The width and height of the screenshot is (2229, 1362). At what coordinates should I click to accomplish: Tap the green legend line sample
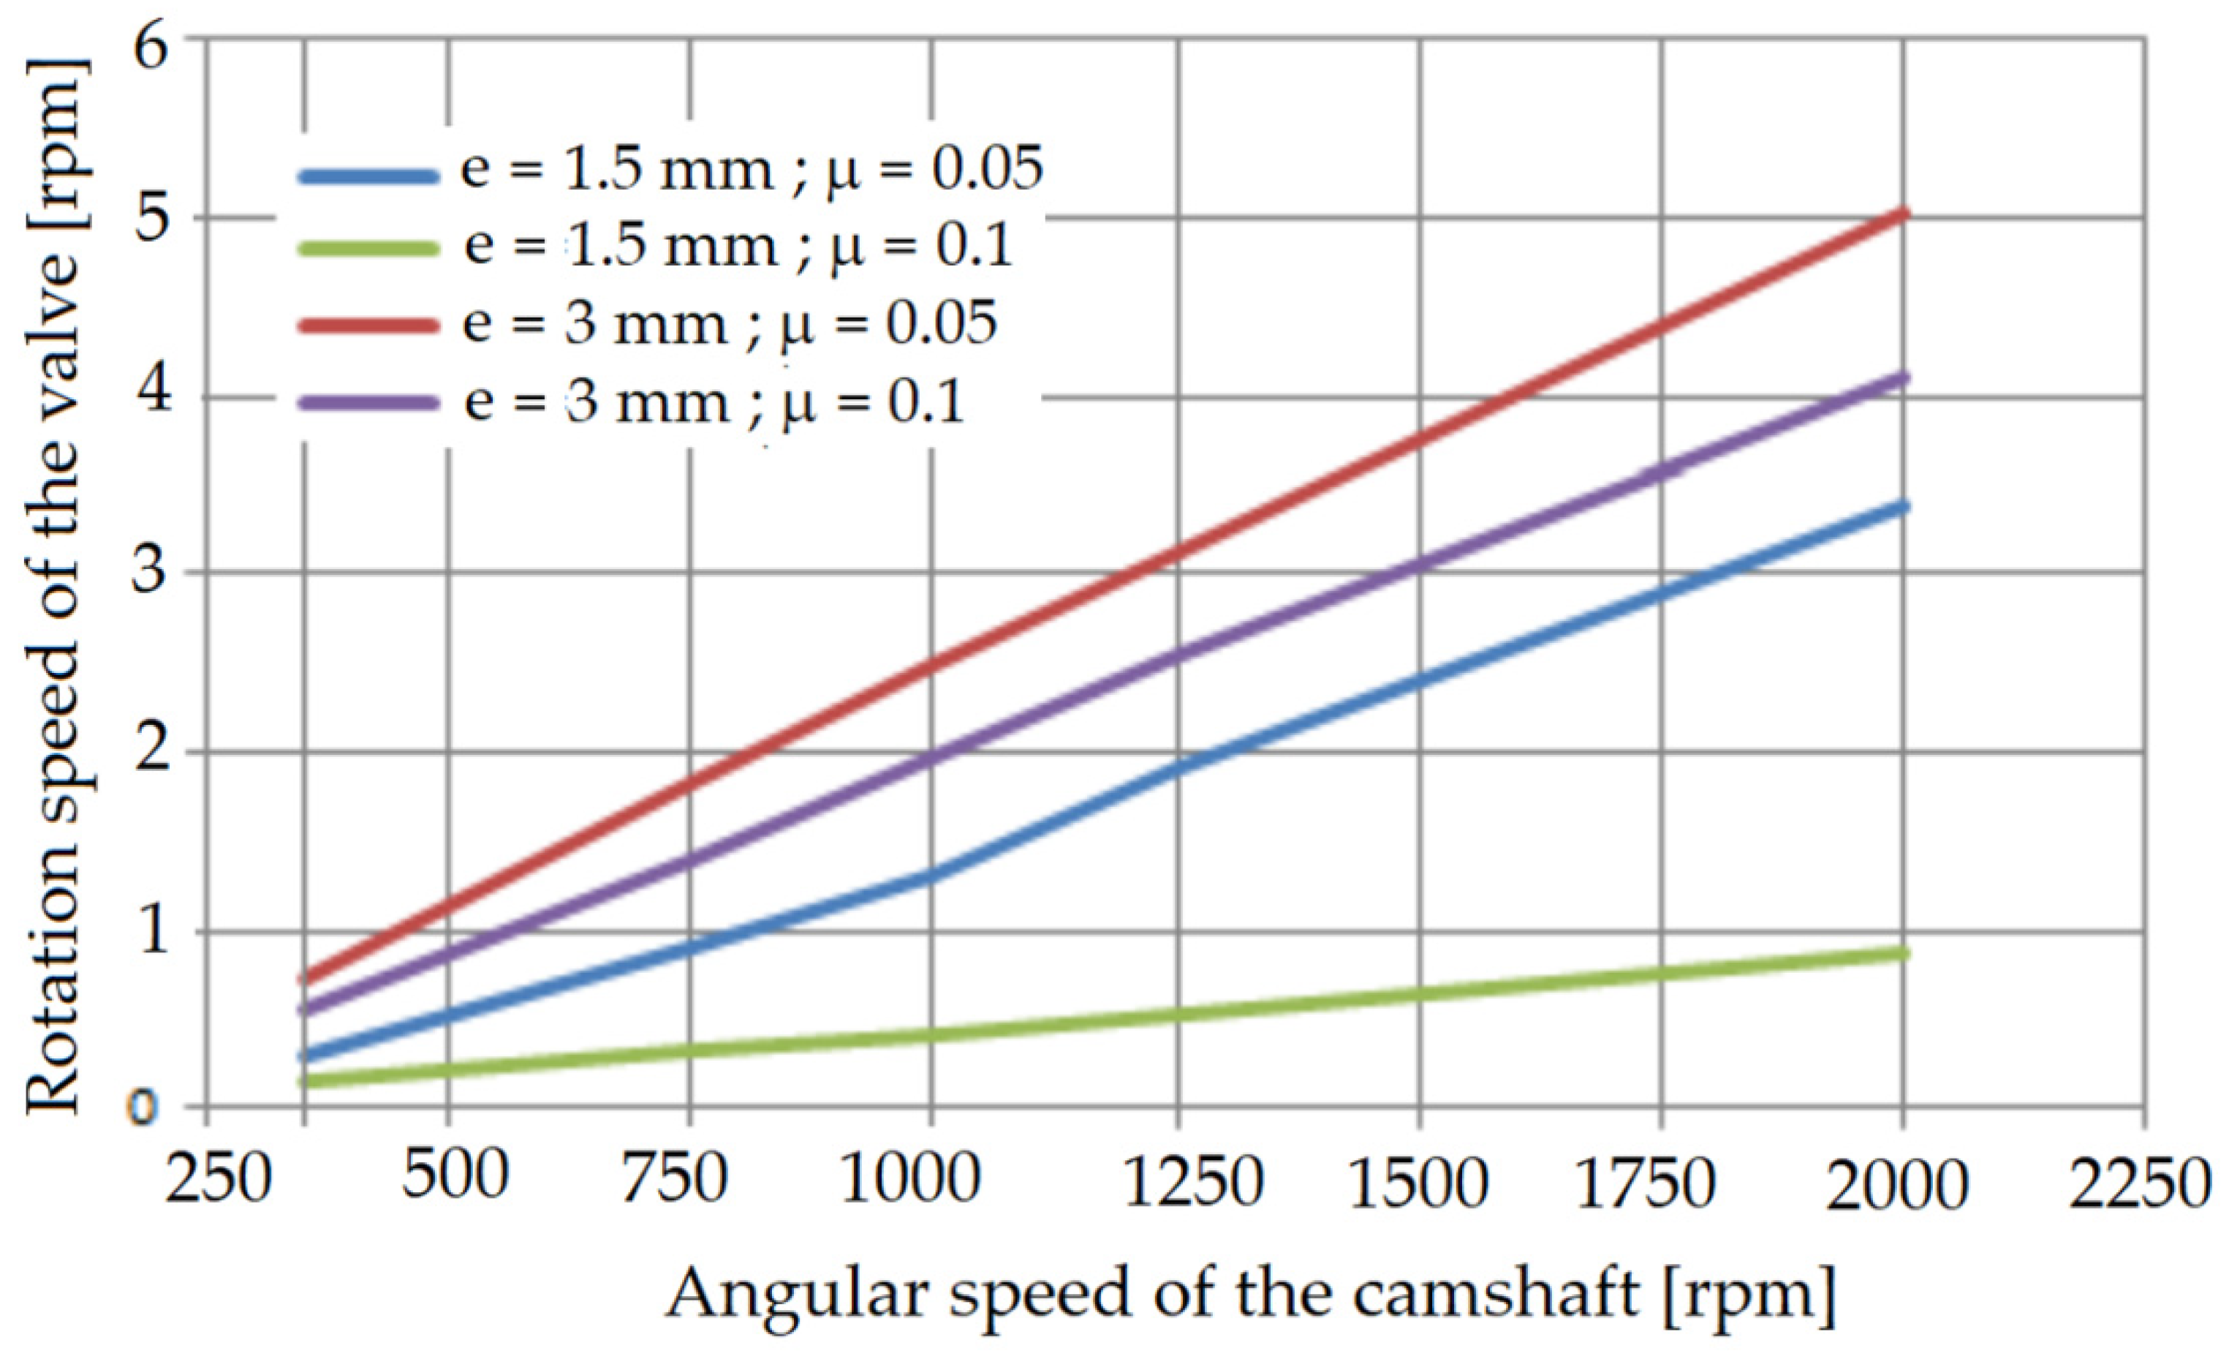point(366,248)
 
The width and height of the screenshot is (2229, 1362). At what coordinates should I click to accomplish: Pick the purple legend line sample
point(366,404)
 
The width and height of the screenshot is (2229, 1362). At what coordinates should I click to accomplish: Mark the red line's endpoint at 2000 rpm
point(1904,214)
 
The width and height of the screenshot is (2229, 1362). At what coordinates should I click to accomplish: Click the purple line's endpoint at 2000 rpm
point(1904,377)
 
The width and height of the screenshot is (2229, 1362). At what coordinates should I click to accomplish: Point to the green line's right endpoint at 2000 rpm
point(1904,953)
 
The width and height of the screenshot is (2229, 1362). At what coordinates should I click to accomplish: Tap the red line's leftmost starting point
point(305,979)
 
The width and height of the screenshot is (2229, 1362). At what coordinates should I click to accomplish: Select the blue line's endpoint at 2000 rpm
point(1904,507)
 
